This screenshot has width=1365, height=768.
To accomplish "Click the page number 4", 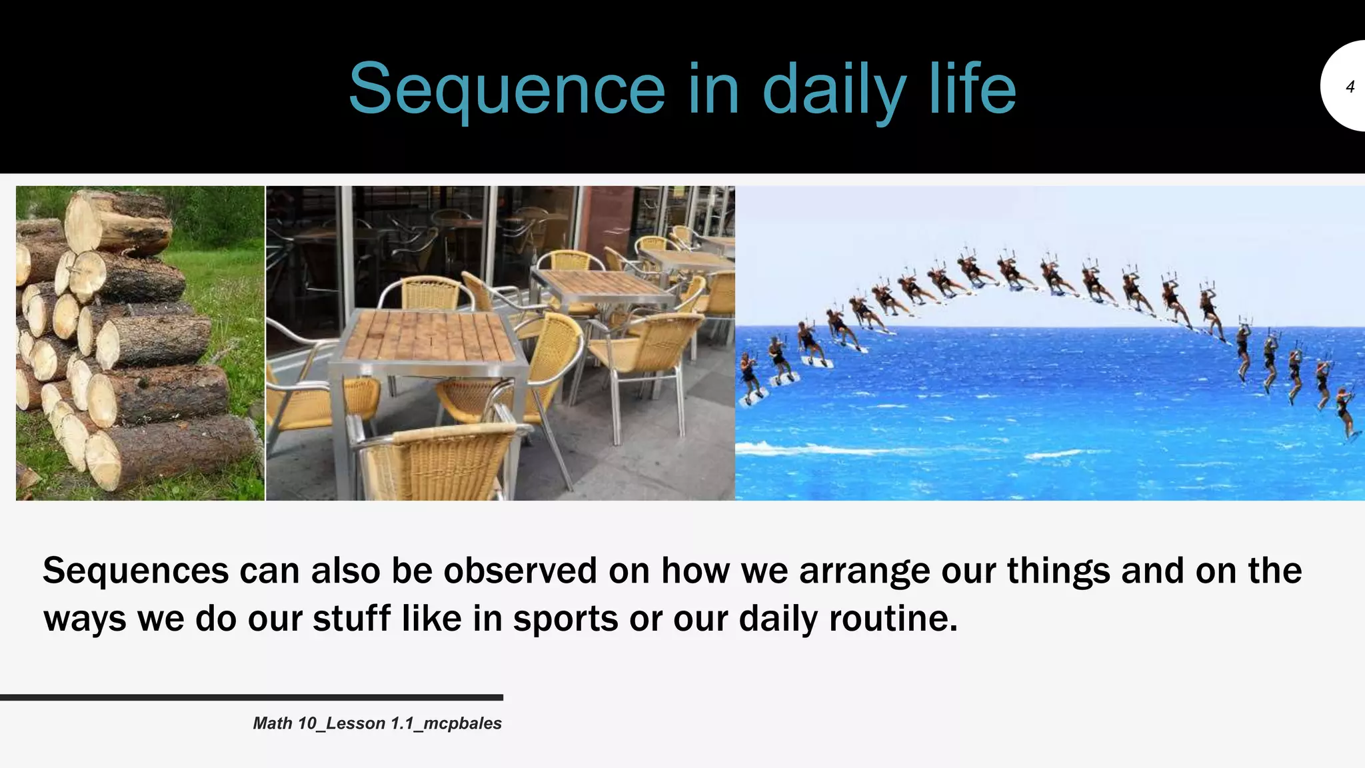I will (x=1350, y=87).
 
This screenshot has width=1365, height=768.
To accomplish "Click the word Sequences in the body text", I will (x=135, y=571).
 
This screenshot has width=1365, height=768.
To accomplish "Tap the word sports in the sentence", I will (x=565, y=619).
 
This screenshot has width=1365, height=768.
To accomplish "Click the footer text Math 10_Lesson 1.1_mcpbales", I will (x=377, y=723).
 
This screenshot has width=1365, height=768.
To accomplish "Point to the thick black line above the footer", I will (x=251, y=697).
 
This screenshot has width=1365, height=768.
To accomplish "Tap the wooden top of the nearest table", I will (x=427, y=336).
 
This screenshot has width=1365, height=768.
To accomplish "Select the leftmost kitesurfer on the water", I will (x=749, y=377).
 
